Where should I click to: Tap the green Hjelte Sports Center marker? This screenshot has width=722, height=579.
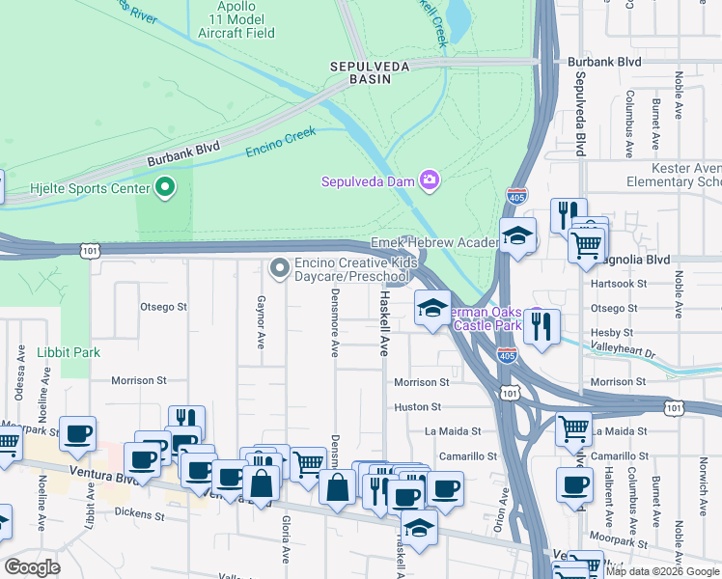(x=165, y=187)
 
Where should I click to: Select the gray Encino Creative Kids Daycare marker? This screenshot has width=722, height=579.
(x=280, y=267)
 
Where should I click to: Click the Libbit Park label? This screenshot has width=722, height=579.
(x=69, y=352)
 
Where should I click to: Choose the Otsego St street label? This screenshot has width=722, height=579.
(x=163, y=307)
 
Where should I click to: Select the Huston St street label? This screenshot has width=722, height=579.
(x=417, y=407)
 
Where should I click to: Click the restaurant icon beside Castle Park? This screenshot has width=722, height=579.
(x=542, y=326)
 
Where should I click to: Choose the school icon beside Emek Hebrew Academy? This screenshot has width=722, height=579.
(x=517, y=236)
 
